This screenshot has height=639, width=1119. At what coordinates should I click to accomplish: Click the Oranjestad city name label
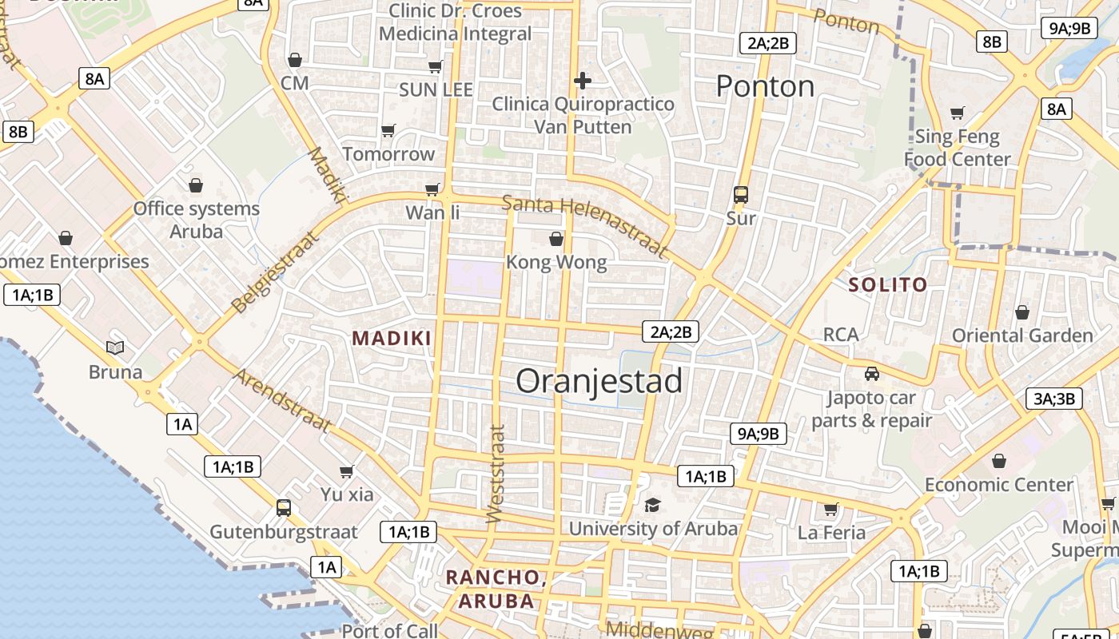coord(599,381)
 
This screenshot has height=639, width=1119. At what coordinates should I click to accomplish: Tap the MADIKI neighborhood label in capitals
coord(392,338)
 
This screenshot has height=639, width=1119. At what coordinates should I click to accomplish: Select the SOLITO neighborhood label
coord(888,284)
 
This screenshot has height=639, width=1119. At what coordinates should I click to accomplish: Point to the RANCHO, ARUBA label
coord(496,589)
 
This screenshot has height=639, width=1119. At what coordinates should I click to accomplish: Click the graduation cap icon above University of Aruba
coord(653,505)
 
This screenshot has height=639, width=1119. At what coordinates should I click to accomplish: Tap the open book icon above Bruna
coord(115,347)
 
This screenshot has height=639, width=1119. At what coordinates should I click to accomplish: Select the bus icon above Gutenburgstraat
coord(283,507)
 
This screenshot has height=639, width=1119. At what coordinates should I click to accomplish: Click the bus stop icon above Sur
coord(741,194)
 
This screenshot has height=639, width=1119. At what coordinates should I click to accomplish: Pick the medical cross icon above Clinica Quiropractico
coord(583,80)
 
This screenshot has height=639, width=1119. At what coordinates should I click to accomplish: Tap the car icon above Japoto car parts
coord(872,373)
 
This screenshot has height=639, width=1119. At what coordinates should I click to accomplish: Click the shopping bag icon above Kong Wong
coord(556,239)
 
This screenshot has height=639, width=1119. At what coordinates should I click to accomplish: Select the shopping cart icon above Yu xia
coord(347,471)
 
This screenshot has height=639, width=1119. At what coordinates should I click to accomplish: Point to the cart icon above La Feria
coord(831,509)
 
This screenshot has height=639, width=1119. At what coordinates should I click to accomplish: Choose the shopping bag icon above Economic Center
coord(999,461)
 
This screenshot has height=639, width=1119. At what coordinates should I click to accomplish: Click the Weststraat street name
coord(496,474)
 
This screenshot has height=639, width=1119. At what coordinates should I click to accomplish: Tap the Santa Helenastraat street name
coord(585,225)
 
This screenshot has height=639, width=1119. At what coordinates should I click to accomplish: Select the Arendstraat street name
coord(282,399)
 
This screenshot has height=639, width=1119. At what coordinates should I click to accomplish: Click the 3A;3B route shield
coord(1053,399)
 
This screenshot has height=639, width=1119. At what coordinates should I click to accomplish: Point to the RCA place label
coord(841,334)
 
